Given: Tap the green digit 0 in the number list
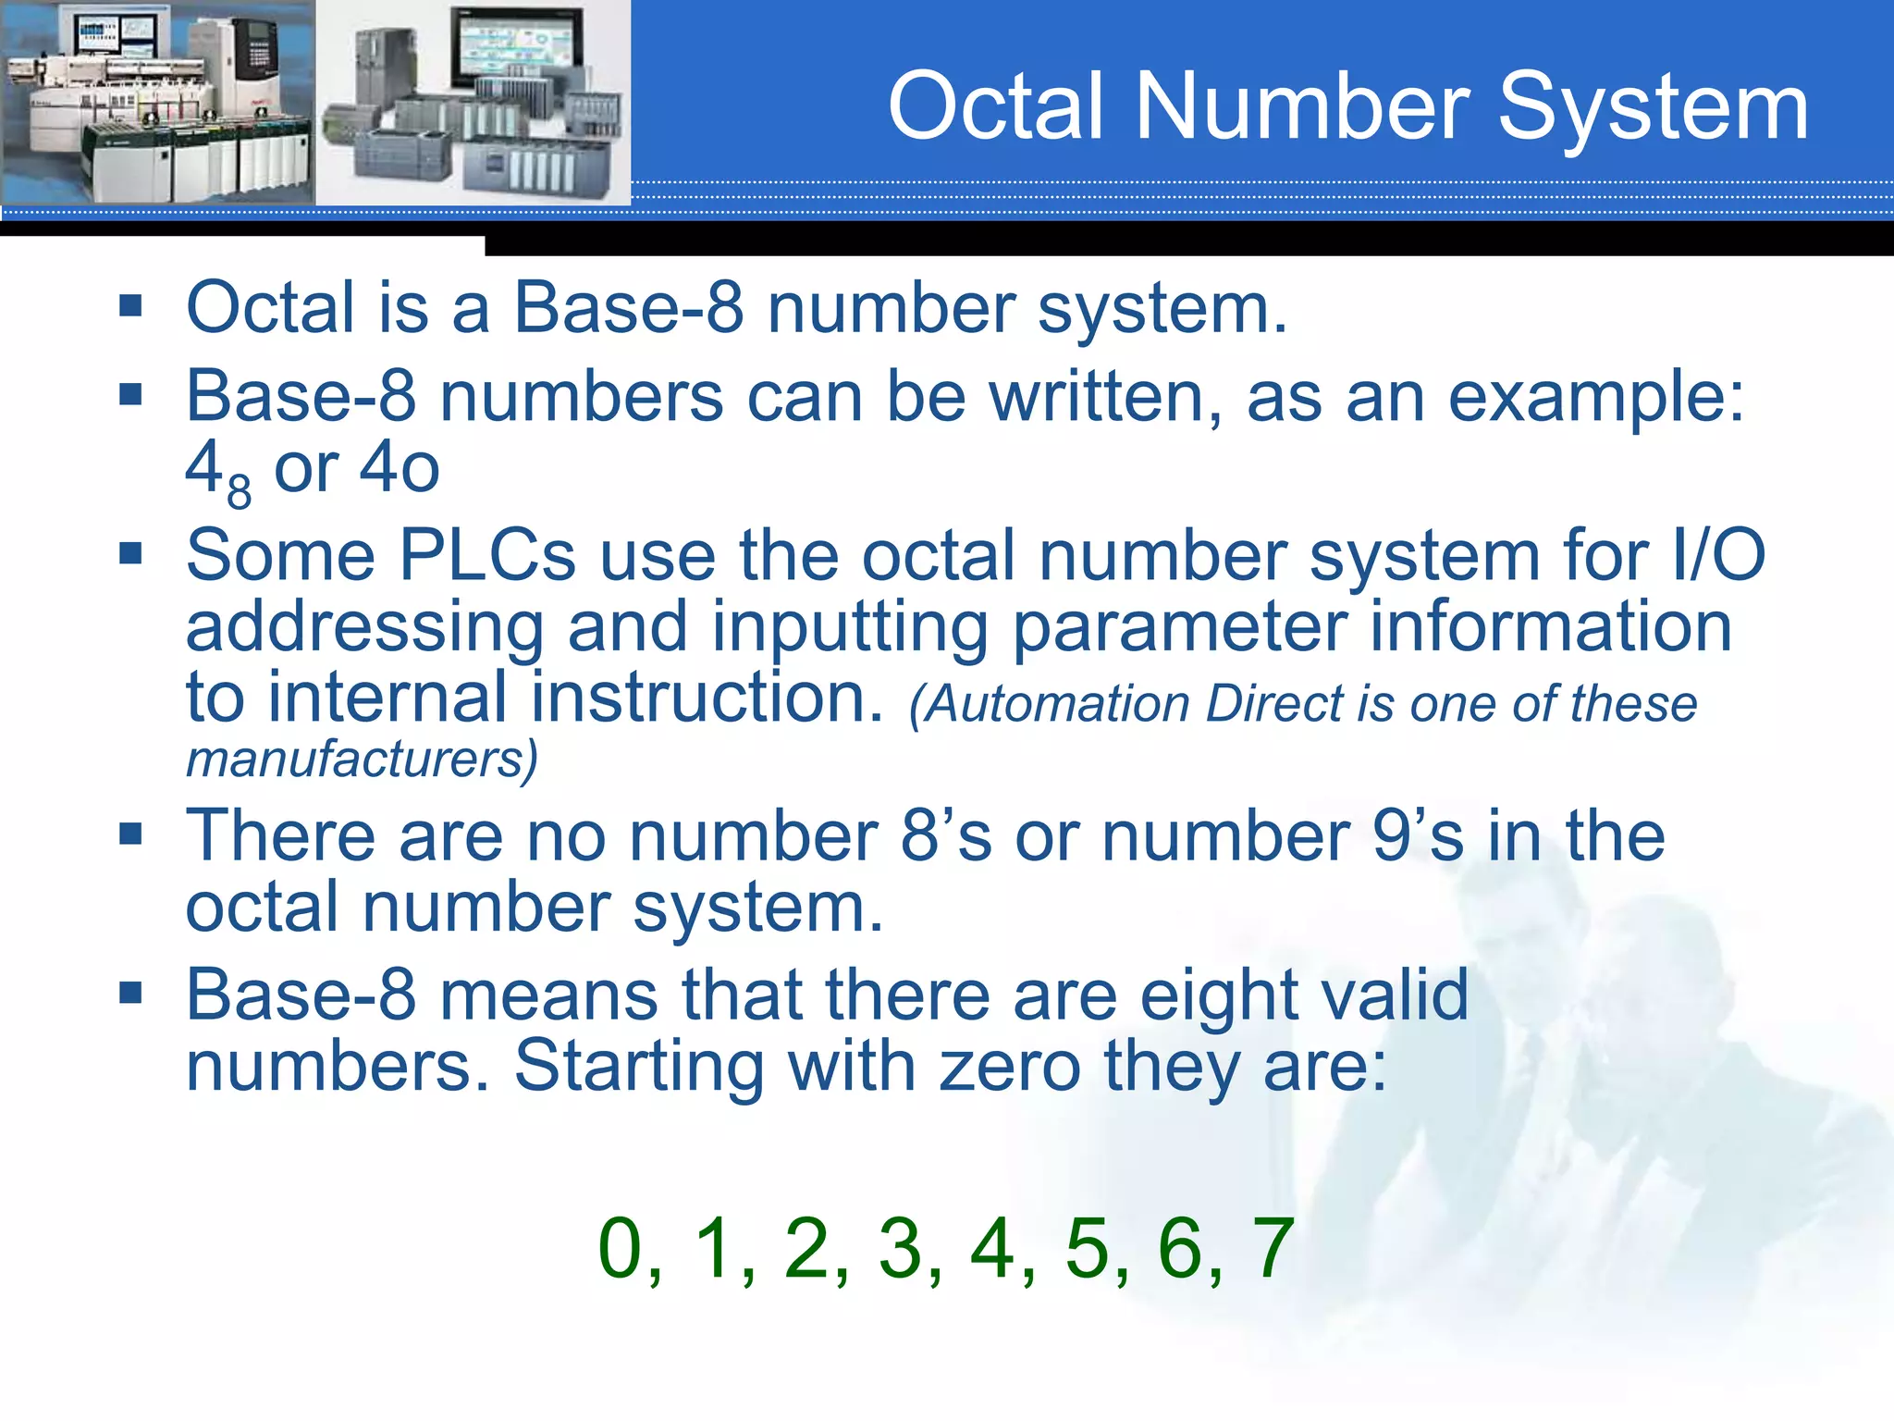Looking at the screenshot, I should click(621, 1248).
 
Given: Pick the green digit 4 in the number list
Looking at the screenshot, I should click(992, 1248).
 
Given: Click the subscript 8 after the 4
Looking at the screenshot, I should click(239, 491).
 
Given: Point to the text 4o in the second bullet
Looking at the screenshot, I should click(399, 468).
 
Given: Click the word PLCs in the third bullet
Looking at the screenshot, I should click(487, 557).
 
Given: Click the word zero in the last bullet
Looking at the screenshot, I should click(1010, 1067).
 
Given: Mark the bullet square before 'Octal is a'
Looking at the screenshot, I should click(130, 306).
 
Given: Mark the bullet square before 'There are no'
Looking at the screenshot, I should click(130, 834).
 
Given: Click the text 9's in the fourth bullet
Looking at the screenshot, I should click(1417, 836).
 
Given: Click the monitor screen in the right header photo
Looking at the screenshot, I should click(517, 48).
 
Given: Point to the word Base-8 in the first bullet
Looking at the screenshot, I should click(629, 308).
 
